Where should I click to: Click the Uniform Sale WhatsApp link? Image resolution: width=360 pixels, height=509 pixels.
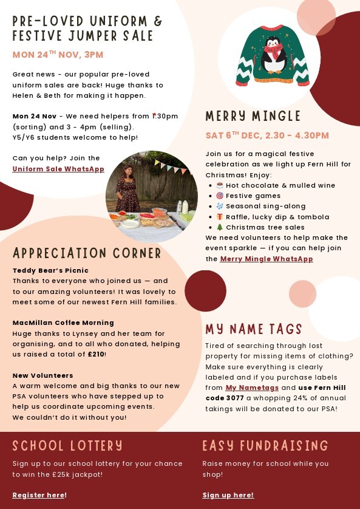(x=58, y=169)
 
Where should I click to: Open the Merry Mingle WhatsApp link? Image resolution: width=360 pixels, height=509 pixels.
(x=267, y=259)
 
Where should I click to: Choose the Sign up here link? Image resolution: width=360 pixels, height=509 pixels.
(x=228, y=495)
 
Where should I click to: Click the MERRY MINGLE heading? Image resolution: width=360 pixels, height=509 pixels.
(x=253, y=116)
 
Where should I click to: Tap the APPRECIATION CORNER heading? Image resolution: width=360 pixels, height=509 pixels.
(x=87, y=253)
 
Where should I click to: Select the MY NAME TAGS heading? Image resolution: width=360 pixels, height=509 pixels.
(x=254, y=329)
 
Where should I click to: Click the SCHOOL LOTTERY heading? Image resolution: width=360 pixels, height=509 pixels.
(x=67, y=446)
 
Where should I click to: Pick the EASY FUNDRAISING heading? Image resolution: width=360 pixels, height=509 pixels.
(x=265, y=446)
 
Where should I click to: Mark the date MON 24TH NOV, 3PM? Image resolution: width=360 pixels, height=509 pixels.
(x=58, y=55)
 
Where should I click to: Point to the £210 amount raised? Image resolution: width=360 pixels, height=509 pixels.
(x=96, y=354)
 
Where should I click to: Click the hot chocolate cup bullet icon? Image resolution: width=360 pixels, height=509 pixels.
(x=220, y=185)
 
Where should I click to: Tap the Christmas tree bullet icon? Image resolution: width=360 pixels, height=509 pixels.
(x=220, y=227)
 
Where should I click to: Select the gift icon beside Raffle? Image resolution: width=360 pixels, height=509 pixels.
(x=220, y=217)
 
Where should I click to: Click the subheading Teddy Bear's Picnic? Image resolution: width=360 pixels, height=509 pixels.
(x=50, y=270)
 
